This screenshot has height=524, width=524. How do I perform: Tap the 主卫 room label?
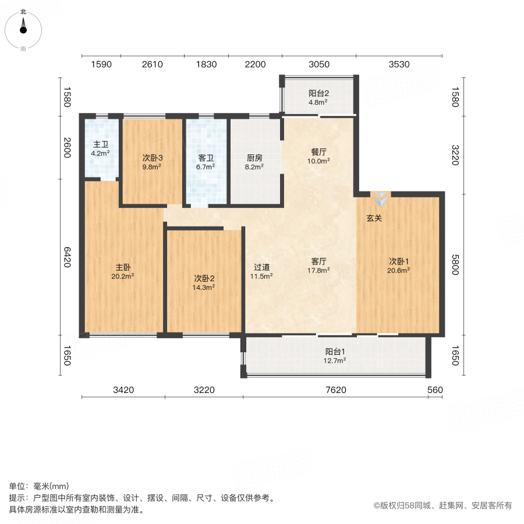pyautogui.click(x=101, y=144)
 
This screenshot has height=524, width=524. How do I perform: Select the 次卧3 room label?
pyautogui.click(x=152, y=157)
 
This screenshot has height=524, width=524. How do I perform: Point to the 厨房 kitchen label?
pyautogui.click(x=255, y=157)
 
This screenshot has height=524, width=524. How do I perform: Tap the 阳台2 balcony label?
pyautogui.click(x=318, y=93)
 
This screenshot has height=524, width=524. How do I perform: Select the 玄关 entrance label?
pyautogui.click(x=374, y=218)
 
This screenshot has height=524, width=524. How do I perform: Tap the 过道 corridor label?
pyautogui.click(x=261, y=267)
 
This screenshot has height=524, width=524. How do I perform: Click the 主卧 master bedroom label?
pyautogui.click(x=123, y=267)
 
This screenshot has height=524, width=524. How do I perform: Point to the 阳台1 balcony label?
pyautogui.click(x=335, y=351)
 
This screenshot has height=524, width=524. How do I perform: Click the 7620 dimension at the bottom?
pyautogui.click(x=335, y=390)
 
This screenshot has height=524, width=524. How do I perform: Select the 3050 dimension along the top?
pyautogui.click(x=318, y=65)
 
